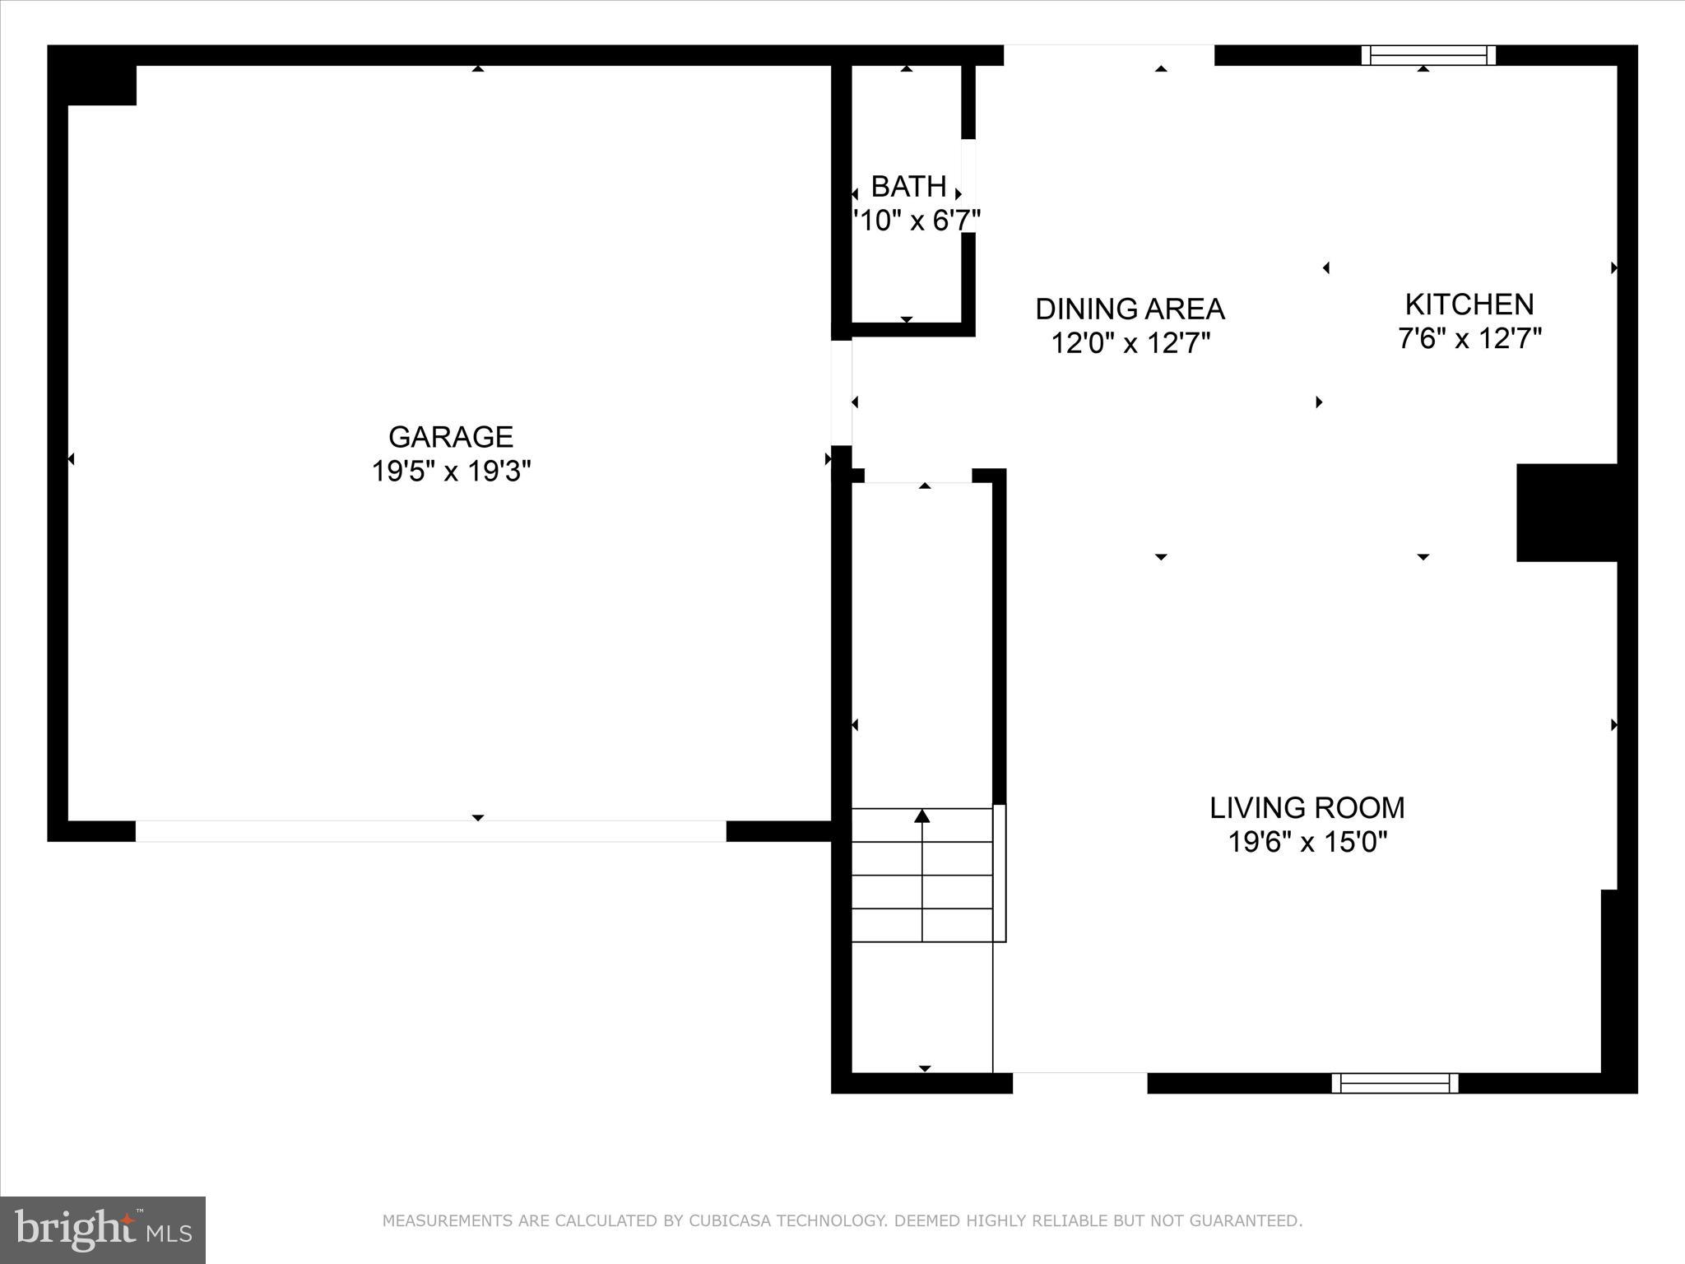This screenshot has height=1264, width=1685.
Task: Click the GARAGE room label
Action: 451,436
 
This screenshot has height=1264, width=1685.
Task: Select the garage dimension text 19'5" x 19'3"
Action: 451,472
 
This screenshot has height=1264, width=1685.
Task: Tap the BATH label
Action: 908,187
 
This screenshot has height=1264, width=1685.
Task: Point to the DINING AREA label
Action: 1130,309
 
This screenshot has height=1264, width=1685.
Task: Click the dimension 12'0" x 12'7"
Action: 1130,343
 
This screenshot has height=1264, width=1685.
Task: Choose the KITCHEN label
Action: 1469,304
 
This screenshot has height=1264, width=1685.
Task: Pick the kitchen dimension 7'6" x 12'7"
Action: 1469,338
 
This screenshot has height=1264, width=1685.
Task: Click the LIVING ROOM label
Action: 1307,808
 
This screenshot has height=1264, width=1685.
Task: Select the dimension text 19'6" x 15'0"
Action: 1307,843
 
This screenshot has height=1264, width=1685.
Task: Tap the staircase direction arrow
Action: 922,816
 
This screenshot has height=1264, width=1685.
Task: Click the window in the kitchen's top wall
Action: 1428,55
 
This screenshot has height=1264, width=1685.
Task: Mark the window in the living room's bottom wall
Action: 1395,1083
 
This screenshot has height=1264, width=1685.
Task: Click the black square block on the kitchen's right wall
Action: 1566,513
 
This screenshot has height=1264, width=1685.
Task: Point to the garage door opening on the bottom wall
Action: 430,831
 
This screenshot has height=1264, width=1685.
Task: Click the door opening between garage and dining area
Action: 841,393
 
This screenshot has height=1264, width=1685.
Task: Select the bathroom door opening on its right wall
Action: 968,185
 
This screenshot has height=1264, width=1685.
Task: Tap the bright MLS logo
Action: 103,1230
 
